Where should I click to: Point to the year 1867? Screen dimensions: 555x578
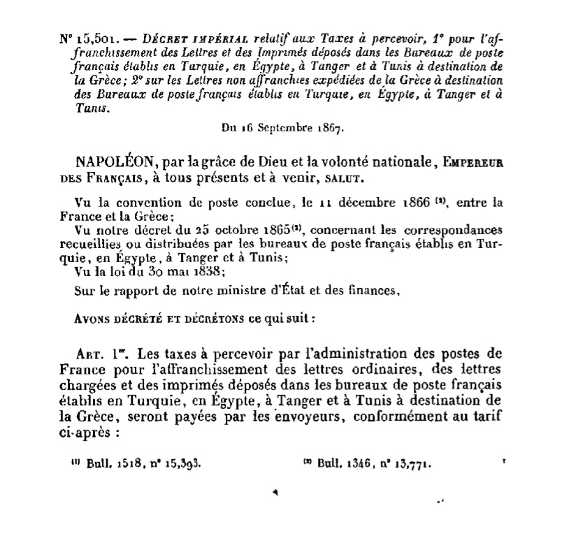[326, 129]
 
